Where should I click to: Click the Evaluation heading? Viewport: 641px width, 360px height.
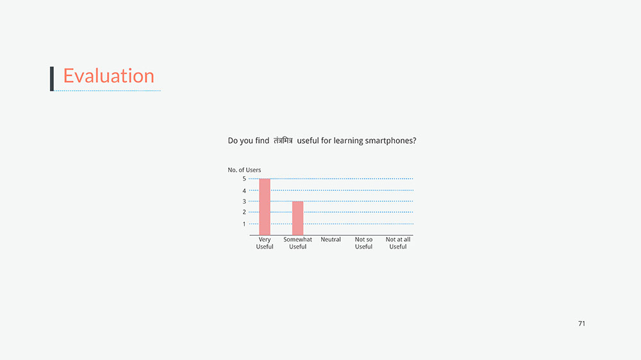(109, 76)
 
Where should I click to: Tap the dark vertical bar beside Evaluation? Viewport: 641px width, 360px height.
(52, 79)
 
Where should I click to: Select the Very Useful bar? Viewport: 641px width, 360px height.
(265, 207)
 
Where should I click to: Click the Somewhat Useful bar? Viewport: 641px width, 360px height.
(297, 218)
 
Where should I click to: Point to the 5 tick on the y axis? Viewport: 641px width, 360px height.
(244, 179)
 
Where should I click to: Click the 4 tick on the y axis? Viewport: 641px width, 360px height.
(244, 191)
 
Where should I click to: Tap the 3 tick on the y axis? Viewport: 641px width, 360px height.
(244, 201)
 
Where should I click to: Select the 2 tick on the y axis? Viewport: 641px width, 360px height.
(244, 212)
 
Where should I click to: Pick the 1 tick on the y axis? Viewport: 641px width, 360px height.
(244, 224)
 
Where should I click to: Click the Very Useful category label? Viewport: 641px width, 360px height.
(265, 243)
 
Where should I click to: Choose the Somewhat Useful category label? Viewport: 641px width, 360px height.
(297, 243)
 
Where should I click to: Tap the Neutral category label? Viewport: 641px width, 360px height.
(331, 240)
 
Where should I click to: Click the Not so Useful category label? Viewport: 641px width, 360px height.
(363, 243)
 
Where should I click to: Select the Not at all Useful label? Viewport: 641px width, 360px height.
(398, 243)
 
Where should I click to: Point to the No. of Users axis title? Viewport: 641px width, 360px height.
(244, 170)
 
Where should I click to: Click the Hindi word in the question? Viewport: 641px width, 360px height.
(283, 140)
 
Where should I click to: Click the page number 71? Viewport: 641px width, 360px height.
(582, 323)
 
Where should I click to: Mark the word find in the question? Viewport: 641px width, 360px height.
(262, 140)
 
